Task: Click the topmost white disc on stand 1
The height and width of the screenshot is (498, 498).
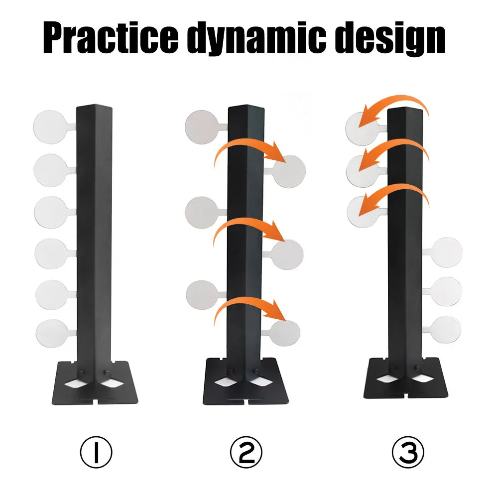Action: click(x=50, y=127)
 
